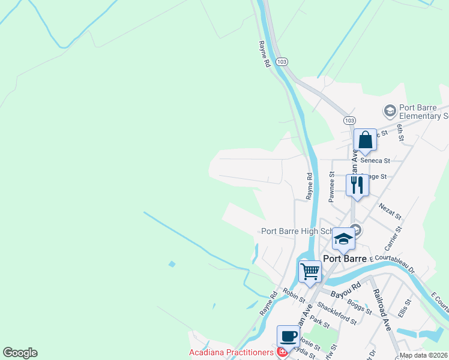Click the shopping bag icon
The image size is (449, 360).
365,141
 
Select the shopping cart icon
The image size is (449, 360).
310,271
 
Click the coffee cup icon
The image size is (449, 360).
288,335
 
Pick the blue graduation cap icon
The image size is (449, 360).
343,239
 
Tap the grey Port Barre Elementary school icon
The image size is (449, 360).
390,110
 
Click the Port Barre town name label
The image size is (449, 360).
345,259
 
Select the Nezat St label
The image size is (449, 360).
390,210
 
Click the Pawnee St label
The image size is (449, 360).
331,186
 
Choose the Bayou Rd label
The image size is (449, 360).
345,289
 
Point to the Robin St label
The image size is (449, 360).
294,295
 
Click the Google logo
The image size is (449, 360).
20,353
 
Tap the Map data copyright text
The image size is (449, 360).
423,355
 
